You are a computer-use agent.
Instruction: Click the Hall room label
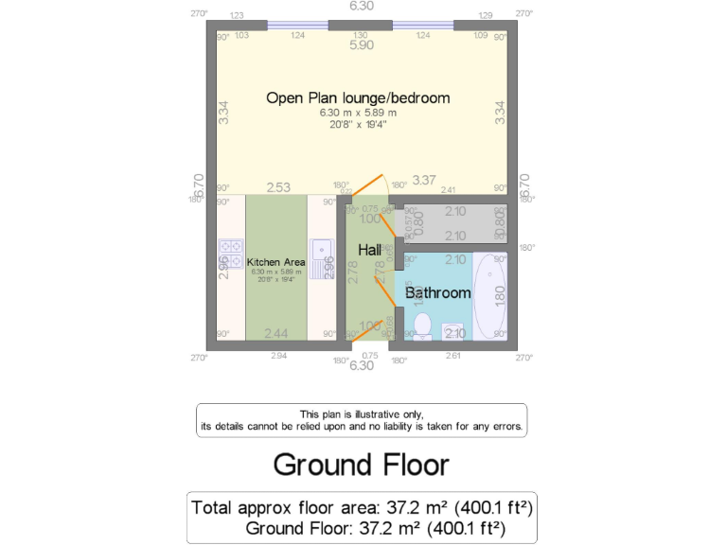tap(369, 250)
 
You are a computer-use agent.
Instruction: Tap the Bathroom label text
tap(437, 293)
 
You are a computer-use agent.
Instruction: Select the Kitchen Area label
tap(275, 262)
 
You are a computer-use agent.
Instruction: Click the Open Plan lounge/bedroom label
tap(358, 97)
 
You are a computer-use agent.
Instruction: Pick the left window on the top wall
tap(298, 26)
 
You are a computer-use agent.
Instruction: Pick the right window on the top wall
tap(422, 26)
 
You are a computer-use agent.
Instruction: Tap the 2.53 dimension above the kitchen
tap(277, 187)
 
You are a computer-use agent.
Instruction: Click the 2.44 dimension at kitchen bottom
tap(276, 333)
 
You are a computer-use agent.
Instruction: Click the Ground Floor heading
tap(361, 465)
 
